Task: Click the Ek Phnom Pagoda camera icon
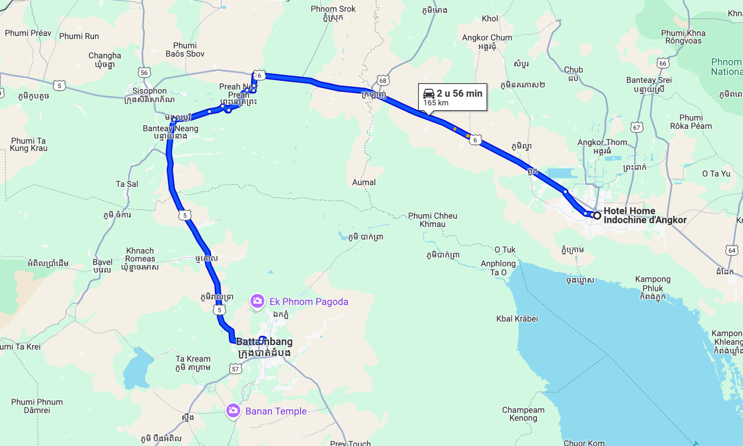[x=257, y=301]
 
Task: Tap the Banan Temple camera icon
[x=233, y=410]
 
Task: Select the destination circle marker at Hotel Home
[x=597, y=215]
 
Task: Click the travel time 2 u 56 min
[x=459, y=94]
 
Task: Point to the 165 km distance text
[x=436, y=103]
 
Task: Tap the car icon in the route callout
[x=429, y=94]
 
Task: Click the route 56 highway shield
[x=144, y=73]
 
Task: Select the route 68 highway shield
[x=383, y=80]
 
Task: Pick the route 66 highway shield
[x=663, y=63]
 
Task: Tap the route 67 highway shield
[x=637, y=127]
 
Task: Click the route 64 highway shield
[x=732, y=250]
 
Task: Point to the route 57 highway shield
[x=235, y=369]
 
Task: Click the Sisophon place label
[x=149, y=91]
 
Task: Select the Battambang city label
[x=264, y=342]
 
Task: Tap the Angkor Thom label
[x=602, y=142]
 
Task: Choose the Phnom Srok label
[x=333, y=9]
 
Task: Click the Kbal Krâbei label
[x=517, y=319]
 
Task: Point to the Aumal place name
[x=364, y=182]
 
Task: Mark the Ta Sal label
[x=127, y=184]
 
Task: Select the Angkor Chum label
[x=487, y=38]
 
